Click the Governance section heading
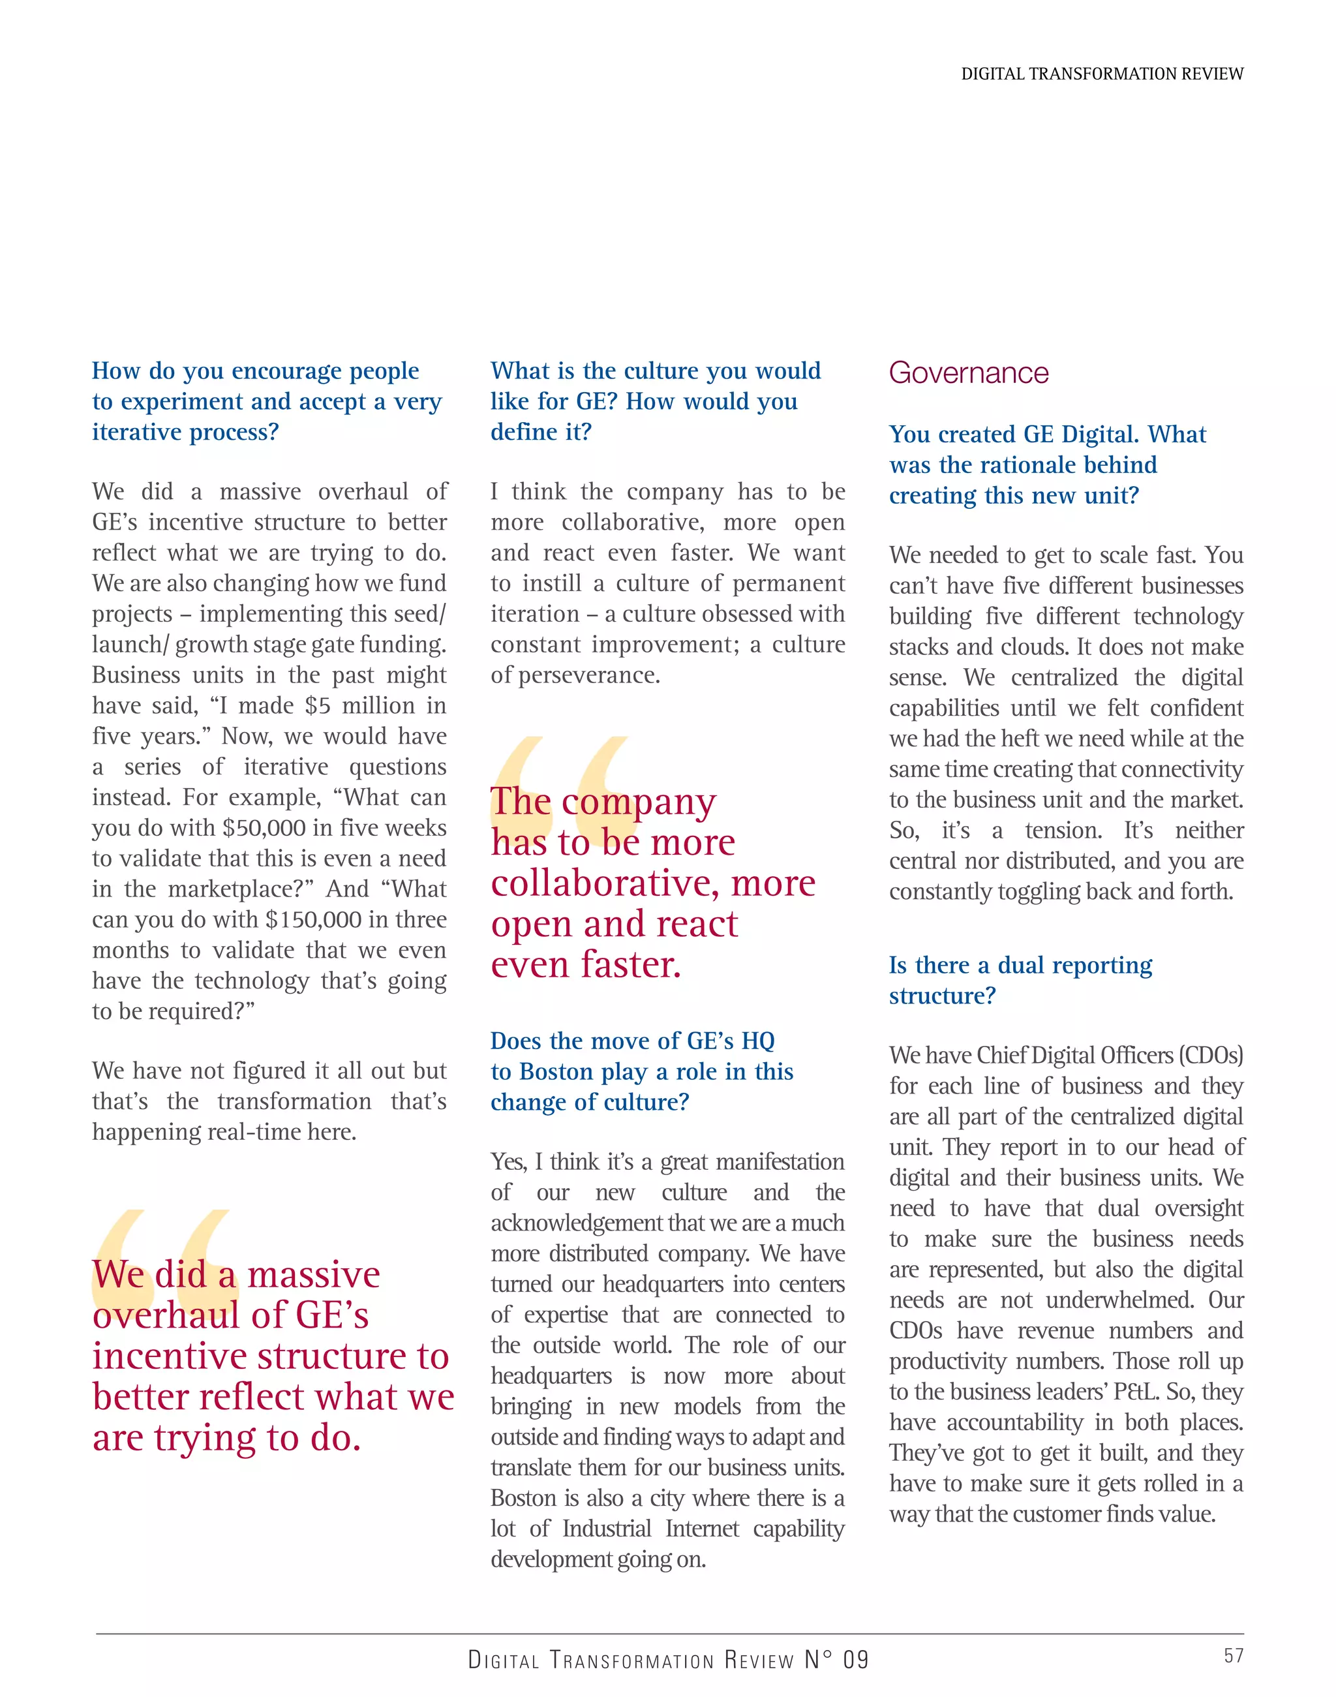click(968, 373)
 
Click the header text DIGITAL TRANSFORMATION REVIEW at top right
click(1101, 74)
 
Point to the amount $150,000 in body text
click(313, 919)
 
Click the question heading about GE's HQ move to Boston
click(641, 1071)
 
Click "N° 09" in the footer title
click(836, 1660)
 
